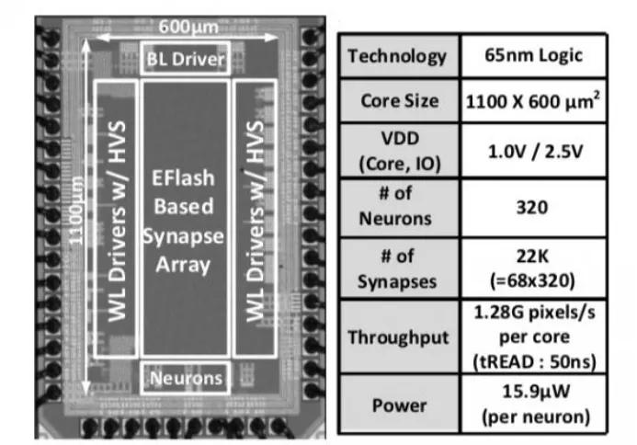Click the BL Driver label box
[186, 62]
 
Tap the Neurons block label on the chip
[186, 376]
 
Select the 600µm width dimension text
[185, 29]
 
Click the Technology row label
[397, 57]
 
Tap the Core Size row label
[397, 102]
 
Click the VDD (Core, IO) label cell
[397, 153]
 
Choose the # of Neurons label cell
[397, 208]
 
